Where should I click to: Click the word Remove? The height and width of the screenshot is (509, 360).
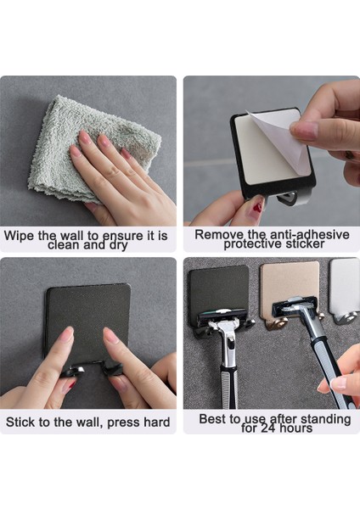point(217,233)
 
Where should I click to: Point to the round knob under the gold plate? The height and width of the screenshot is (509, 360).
point(274,323)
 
